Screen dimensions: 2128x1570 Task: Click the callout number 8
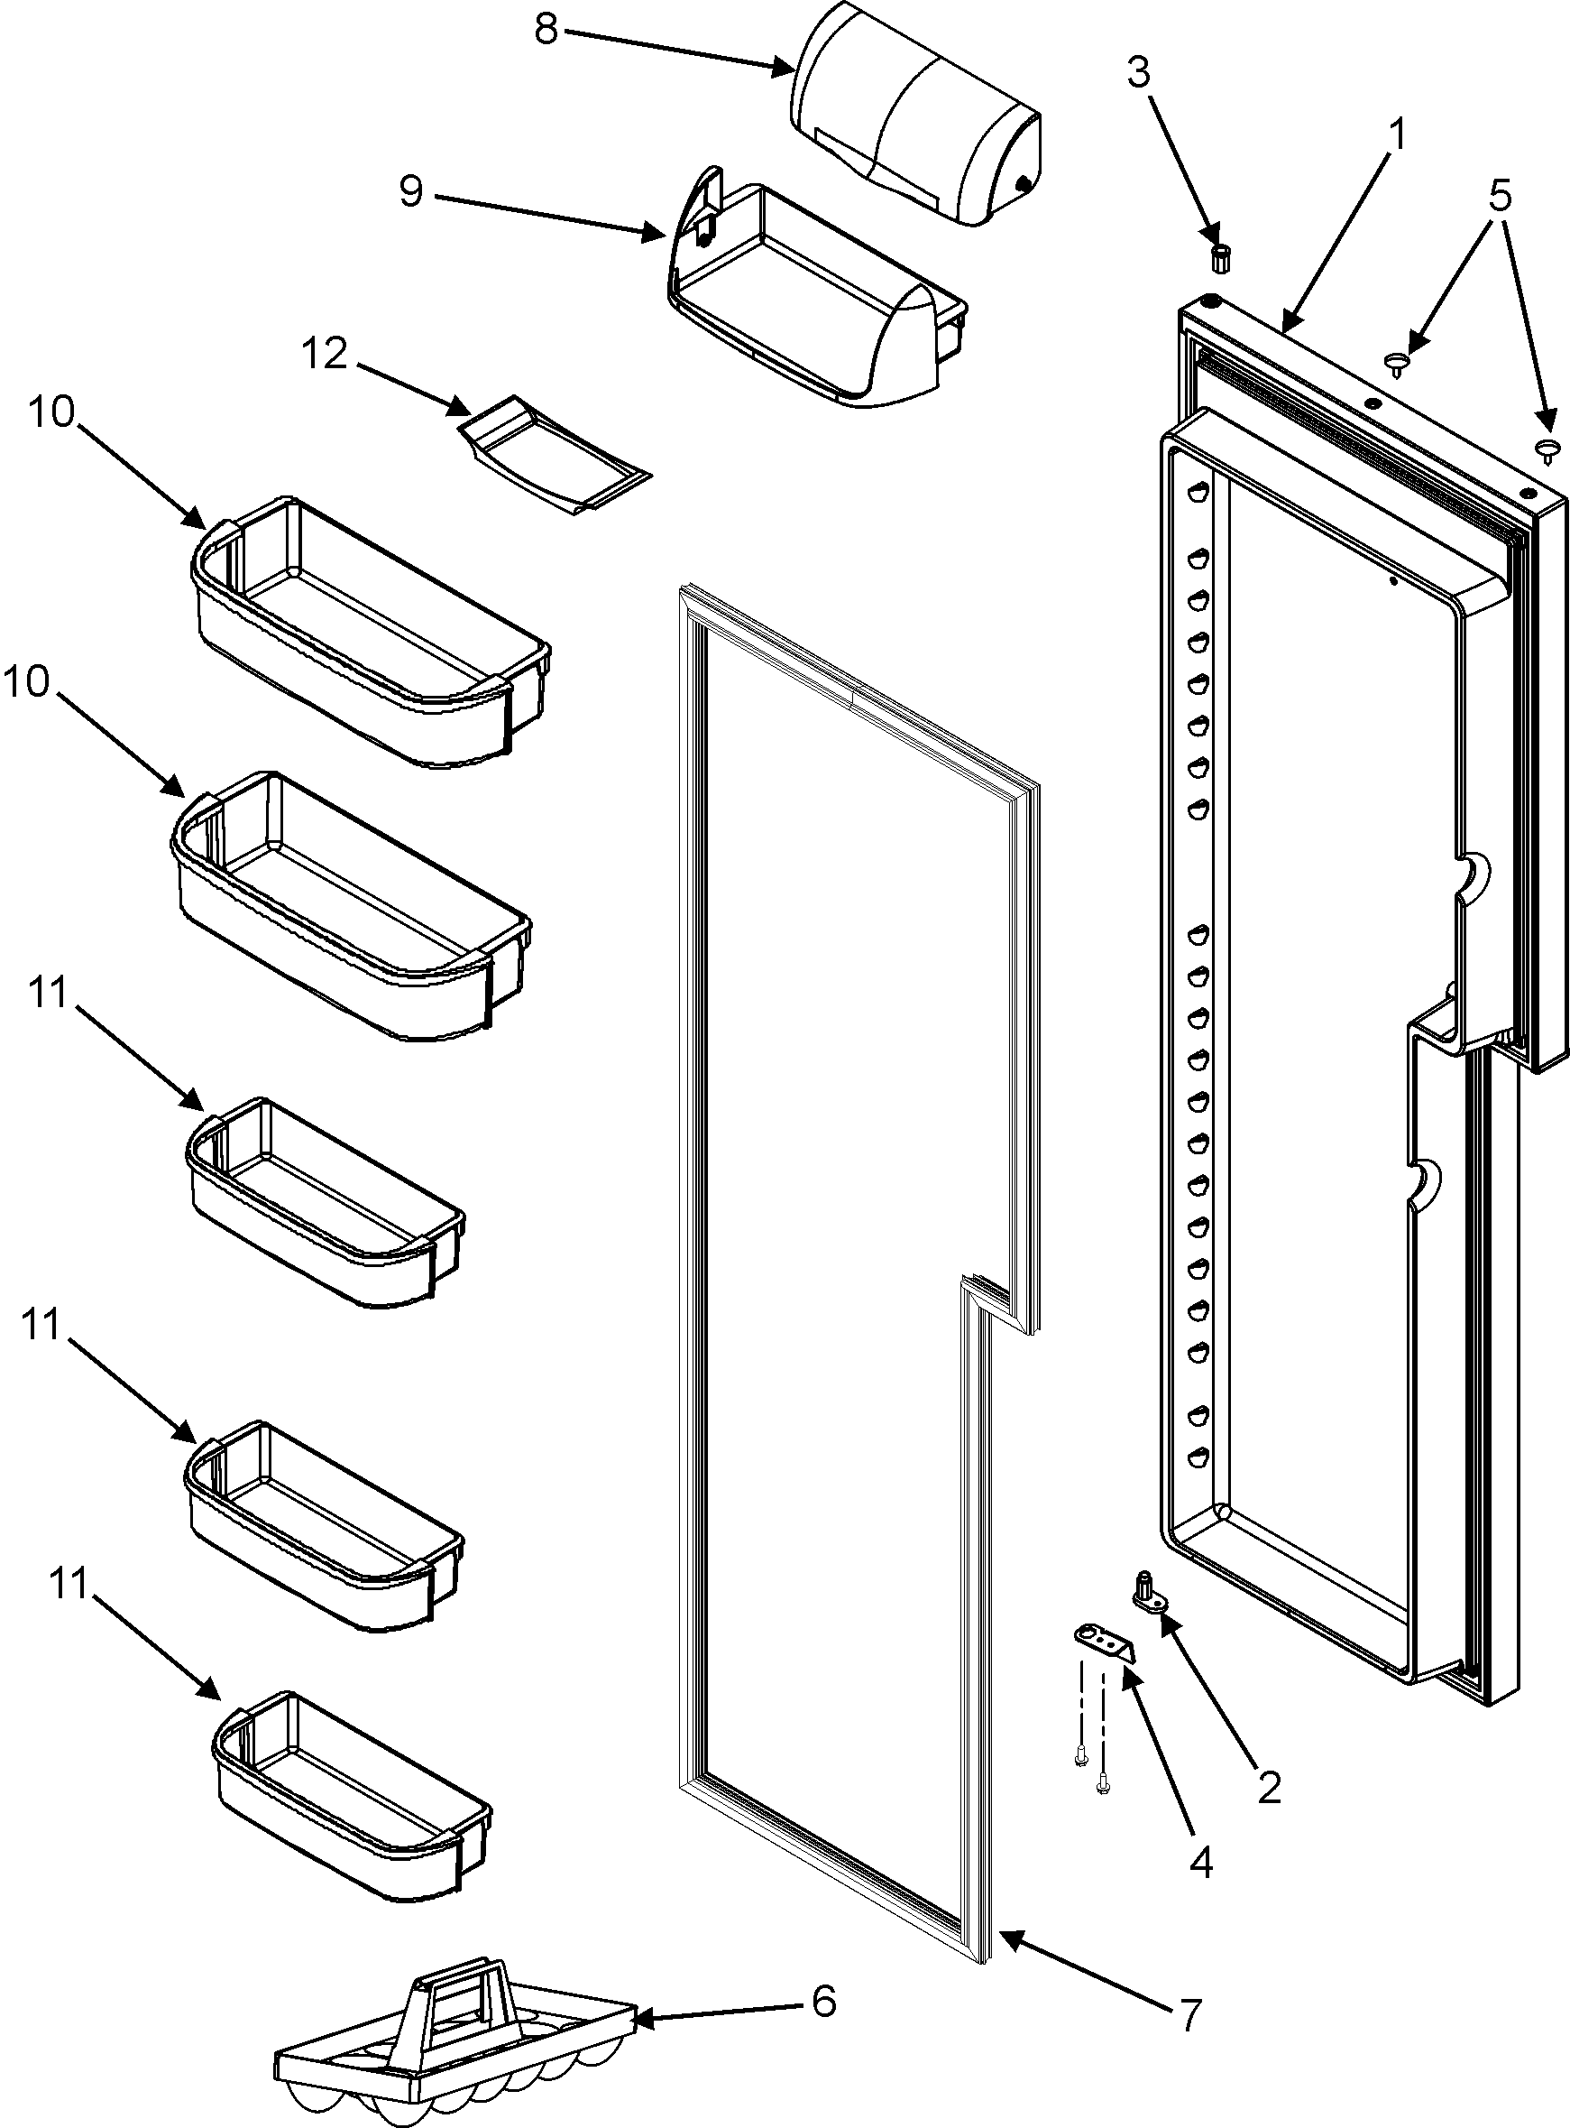546,30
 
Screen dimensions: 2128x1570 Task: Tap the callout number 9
410,192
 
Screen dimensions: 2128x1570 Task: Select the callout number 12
325,355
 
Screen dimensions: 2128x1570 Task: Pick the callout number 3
1139,72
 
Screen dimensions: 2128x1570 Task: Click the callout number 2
1269,1788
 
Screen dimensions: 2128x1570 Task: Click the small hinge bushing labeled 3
1221,256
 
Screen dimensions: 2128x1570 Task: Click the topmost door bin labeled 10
371,633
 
